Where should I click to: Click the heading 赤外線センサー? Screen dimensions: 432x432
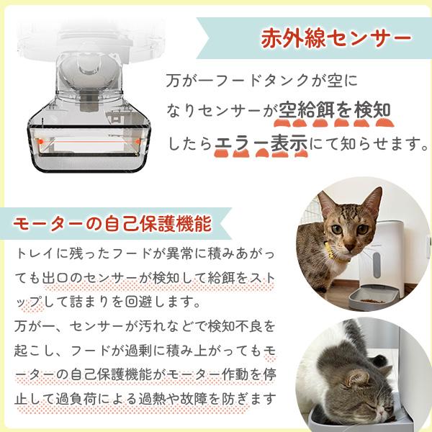336,36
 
